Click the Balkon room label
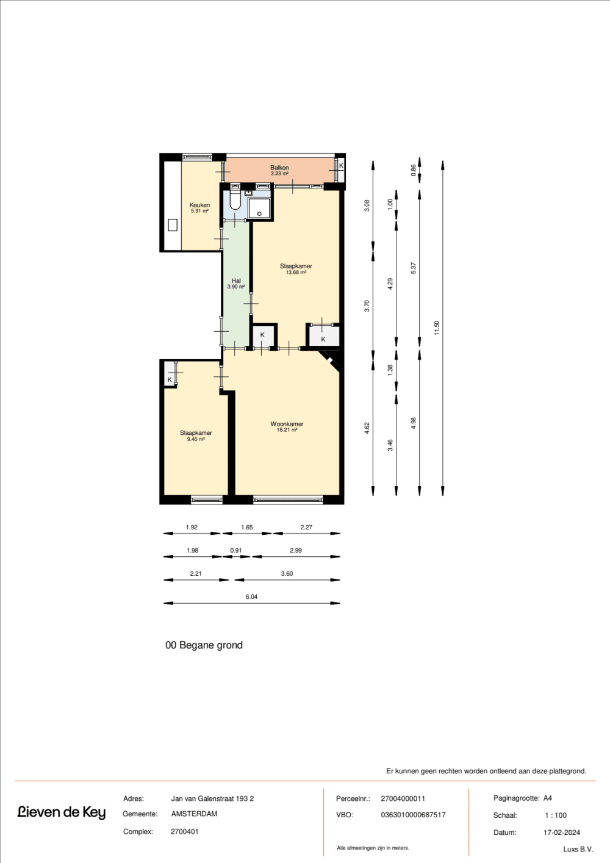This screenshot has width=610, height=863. [279, 168]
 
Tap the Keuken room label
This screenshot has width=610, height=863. [199, 206]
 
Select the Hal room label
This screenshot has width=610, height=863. [236, 281]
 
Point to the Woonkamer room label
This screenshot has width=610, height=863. [287, 424]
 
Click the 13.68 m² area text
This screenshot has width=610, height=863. [296, 273]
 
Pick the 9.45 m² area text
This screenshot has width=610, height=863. [196, 439]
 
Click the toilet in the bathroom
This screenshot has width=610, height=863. [235, 201]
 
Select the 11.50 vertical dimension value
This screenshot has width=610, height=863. [437, 328]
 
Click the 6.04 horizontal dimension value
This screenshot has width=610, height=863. [251, 596]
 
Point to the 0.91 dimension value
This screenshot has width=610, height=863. [236, 550]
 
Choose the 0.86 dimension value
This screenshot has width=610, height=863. [414, 171]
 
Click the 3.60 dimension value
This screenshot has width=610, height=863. [287, 573]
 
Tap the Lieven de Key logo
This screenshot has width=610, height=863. [62, 812]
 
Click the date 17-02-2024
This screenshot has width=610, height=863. [562, 833]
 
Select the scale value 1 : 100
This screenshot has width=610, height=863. [556, 815]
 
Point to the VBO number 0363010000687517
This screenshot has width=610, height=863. [413, 815]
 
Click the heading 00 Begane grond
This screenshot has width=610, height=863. [204, 645]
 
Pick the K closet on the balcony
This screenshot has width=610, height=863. [341, 166]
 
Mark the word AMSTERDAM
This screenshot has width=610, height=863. [194, 814]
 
